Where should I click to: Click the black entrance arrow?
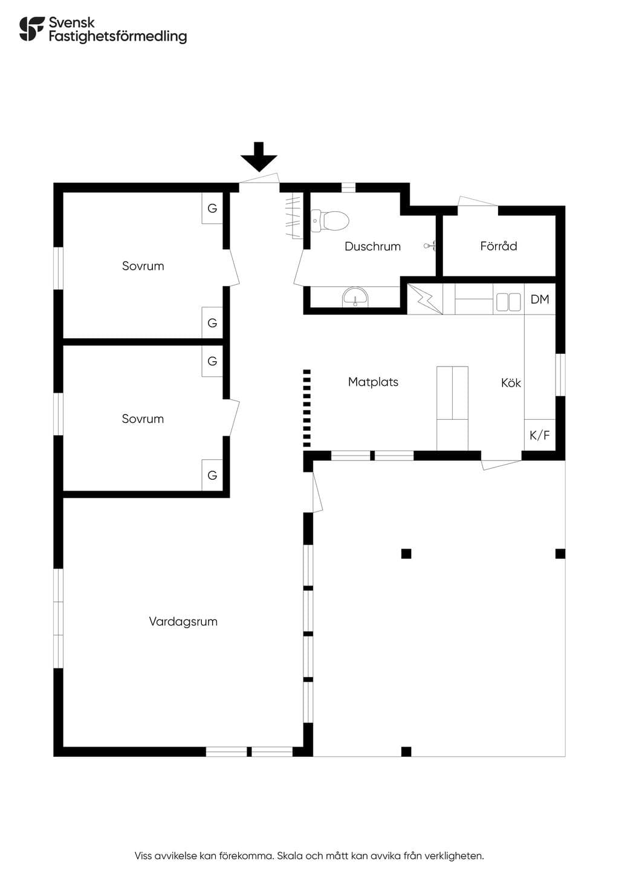pyautogui.click(x=259, y=157)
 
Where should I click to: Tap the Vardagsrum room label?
pyautogui.click(x=183, y=621)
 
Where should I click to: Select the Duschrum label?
pyautogui.click(x=372, y=246)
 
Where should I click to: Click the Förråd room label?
pyautogui.click(x=499, y=246)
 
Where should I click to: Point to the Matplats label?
pyautogui.click(x=373, y=382)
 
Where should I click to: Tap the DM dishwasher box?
pyautogui.click(x=540, y=299)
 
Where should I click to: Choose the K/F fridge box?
pyautogui.click(x=540, y=435)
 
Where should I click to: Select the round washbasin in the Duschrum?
pyautogui.click(x=355, y=298)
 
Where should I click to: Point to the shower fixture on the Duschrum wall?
pyautogui.click(x=430, y=246)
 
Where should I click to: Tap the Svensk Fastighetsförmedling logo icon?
pyautogui.click(x=32, y=28)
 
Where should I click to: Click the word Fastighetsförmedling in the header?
pyautogui.click(x=118, y=36)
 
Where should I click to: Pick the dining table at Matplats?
pyautogui.click(x=452, y=408)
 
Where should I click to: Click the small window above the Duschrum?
pyautogui.click(x=349, y=188)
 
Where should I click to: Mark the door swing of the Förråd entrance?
pyautogui.click(x=478, y=201)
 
